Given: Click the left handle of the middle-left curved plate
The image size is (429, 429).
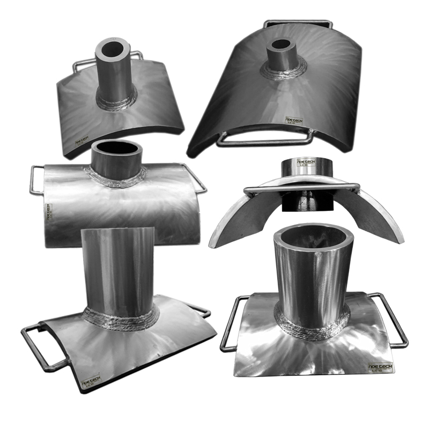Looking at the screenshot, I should pyautogui.click(x=36, y=180).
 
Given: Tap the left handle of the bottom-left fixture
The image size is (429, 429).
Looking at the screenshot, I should pyautogui.click(x=40, y=349).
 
